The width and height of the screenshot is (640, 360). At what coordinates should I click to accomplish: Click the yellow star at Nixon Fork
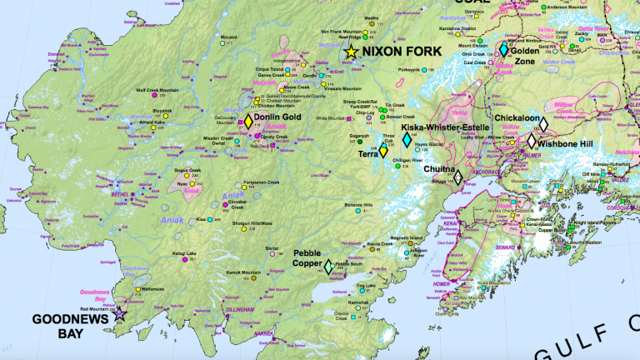click(x=351, y=52)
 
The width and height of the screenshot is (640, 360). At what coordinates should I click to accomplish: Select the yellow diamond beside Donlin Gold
click(x=247, y=120)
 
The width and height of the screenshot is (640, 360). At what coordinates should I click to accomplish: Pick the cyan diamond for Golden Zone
click(x=503, y=50)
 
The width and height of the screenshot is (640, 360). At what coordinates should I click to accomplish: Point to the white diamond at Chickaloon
click(x=542, y=124)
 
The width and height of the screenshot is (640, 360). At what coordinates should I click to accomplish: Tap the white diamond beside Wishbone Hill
click(x=531, y=142)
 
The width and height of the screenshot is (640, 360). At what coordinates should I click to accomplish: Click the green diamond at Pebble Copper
click(x=329, y=266)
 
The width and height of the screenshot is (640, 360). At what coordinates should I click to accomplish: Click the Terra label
click(x=367, y=154)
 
